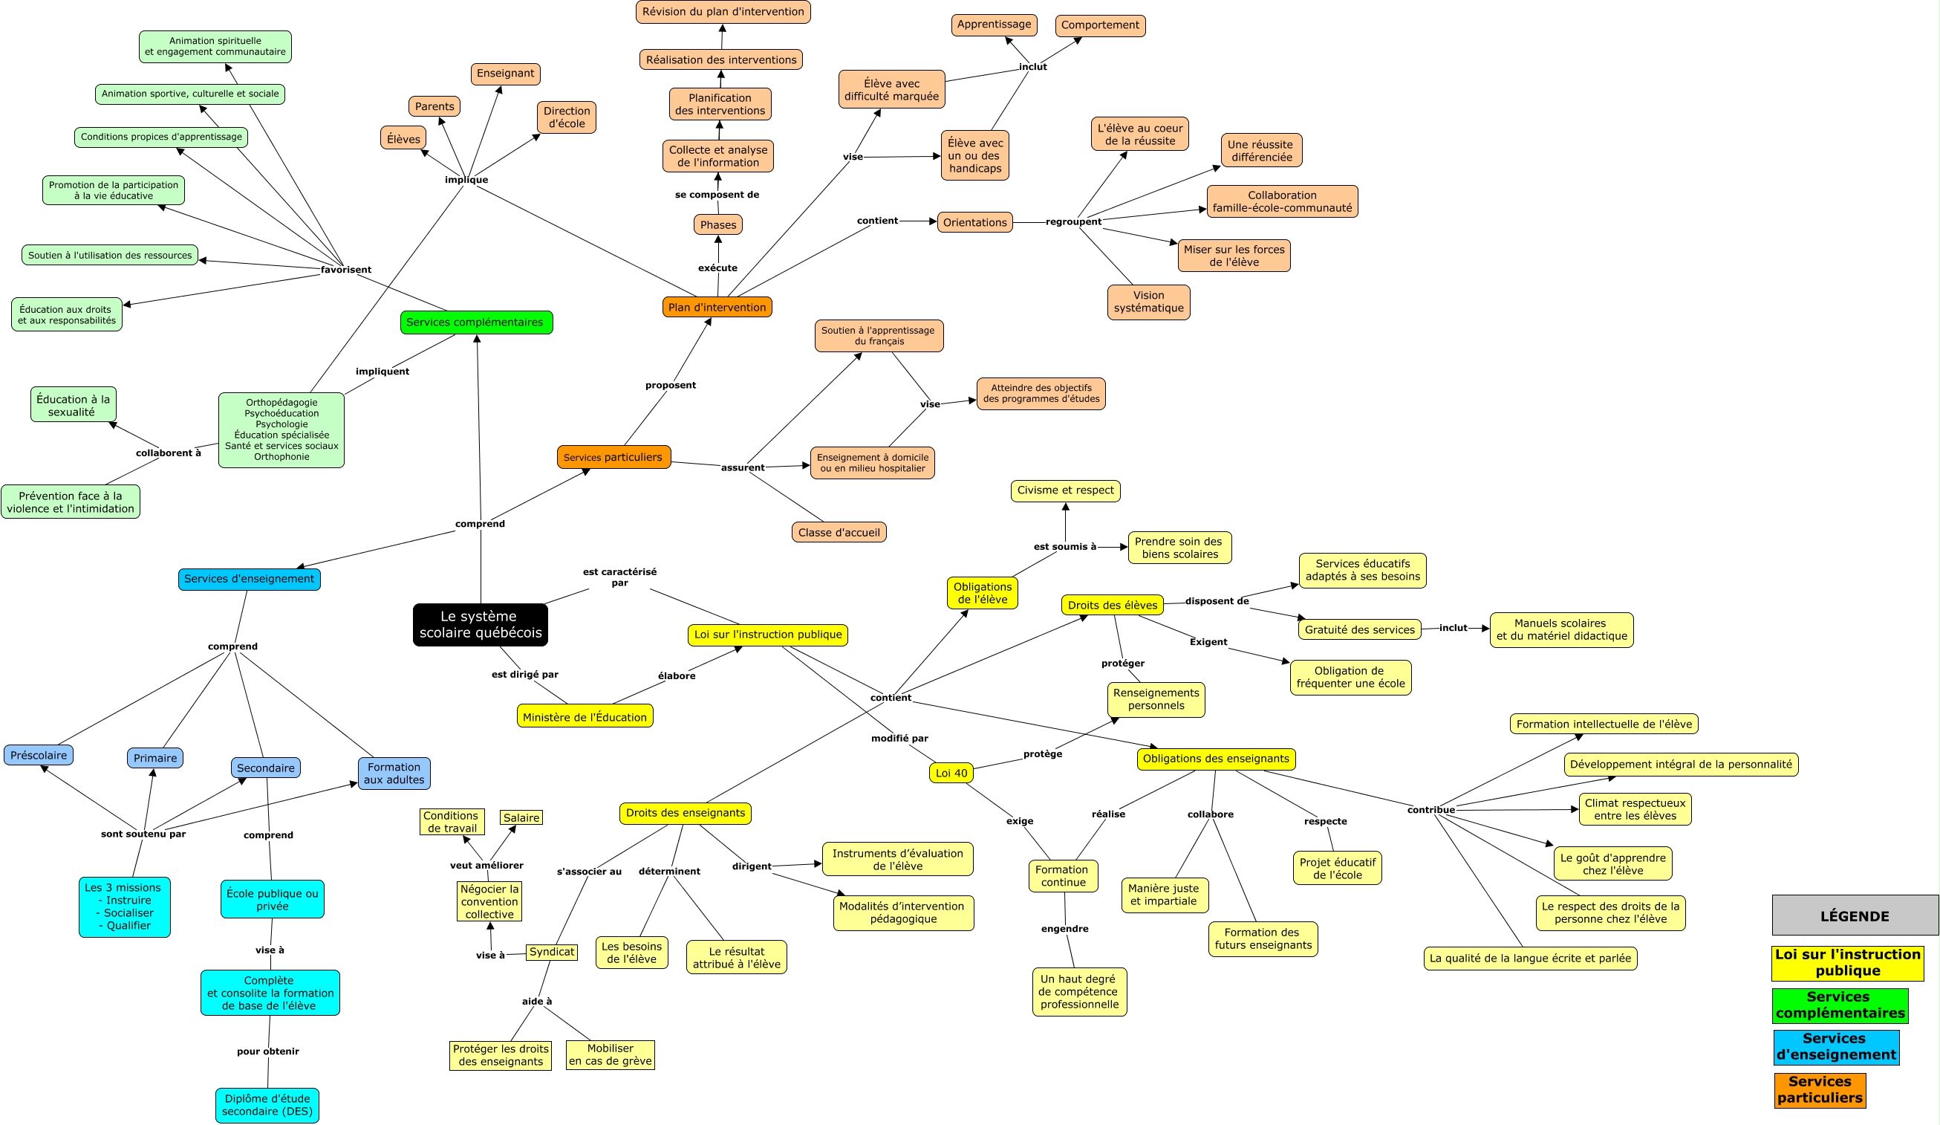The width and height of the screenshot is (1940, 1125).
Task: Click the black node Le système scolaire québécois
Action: coord(481,624)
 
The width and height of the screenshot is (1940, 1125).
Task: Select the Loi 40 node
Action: coord(951,772)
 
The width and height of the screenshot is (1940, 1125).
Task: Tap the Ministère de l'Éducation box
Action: coord(585,716)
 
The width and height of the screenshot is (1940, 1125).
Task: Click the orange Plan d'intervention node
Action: coord(717,307)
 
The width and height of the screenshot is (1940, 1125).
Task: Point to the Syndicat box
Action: coord(551,952)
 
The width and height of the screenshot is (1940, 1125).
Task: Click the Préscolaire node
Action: coord(39,755)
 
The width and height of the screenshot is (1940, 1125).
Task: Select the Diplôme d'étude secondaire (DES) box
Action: coord(267,1105)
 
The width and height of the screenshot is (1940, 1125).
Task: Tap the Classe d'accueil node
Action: coord(839,532)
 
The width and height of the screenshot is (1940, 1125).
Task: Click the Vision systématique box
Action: coord(1148,302)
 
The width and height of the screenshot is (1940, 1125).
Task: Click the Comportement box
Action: coord(1099,25)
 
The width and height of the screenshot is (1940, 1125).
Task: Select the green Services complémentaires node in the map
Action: coord(476,322)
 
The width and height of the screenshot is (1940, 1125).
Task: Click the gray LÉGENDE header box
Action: coord(1854,915)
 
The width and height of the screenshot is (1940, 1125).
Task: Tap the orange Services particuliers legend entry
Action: coord(1819,1089)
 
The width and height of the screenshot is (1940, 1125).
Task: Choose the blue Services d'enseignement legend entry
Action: coord(1835,1046)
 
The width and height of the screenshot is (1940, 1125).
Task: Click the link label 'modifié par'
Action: coord(899,738)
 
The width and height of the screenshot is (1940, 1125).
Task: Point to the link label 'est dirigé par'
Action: coord(525,675)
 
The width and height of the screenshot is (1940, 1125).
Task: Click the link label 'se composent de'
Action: coord(717,195)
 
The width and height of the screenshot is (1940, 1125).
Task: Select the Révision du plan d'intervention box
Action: coord(723,13)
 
